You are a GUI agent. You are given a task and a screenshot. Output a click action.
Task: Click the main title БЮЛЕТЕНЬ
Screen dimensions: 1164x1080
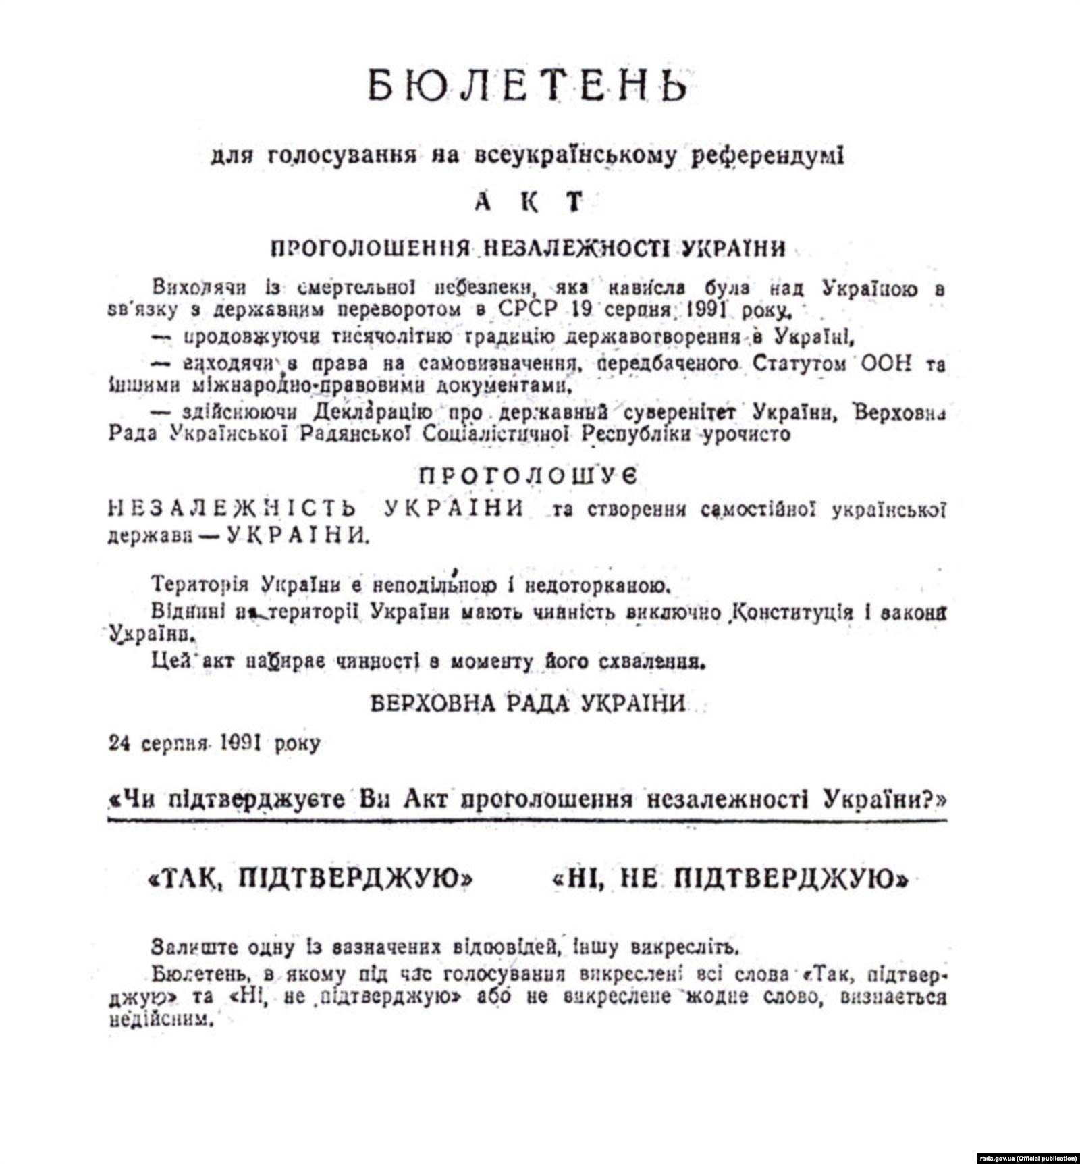529,86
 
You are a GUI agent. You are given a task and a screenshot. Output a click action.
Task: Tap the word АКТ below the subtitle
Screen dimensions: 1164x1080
529,202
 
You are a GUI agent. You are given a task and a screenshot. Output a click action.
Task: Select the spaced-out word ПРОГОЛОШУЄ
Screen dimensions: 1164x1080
529,476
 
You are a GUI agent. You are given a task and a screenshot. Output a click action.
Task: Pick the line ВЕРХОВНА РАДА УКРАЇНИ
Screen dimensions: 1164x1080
529,704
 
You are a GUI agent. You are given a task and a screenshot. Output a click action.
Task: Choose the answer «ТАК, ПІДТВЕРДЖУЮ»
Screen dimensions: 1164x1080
310,879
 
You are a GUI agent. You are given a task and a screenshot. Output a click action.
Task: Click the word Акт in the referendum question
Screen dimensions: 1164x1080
427,799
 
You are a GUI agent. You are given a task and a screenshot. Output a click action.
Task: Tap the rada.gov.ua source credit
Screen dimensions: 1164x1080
1027,1157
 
